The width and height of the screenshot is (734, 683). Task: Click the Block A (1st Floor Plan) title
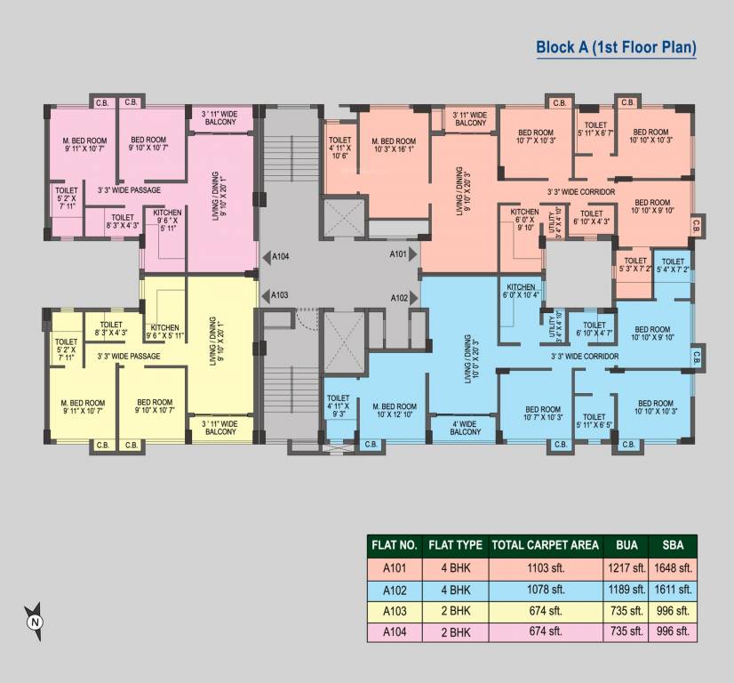point(616,47)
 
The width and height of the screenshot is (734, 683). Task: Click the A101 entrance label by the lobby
point(398,254)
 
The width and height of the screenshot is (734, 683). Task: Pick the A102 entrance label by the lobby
point(398,299)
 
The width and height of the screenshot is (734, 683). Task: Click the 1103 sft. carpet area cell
point(545,567)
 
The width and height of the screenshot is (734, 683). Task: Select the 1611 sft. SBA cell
point(673,589)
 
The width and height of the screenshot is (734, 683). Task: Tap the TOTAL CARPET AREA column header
point(545,545)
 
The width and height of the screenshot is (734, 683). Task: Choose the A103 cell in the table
point(395,611)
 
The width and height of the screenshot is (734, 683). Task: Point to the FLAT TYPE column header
point(455,545)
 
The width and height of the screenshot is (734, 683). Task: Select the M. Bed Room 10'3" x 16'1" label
point(393,146)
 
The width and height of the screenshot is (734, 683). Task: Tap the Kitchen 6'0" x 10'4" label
point(520,292)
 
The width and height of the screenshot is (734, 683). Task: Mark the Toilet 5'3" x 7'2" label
point(634,265)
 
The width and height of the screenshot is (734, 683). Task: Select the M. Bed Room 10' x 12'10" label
point(395,411)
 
